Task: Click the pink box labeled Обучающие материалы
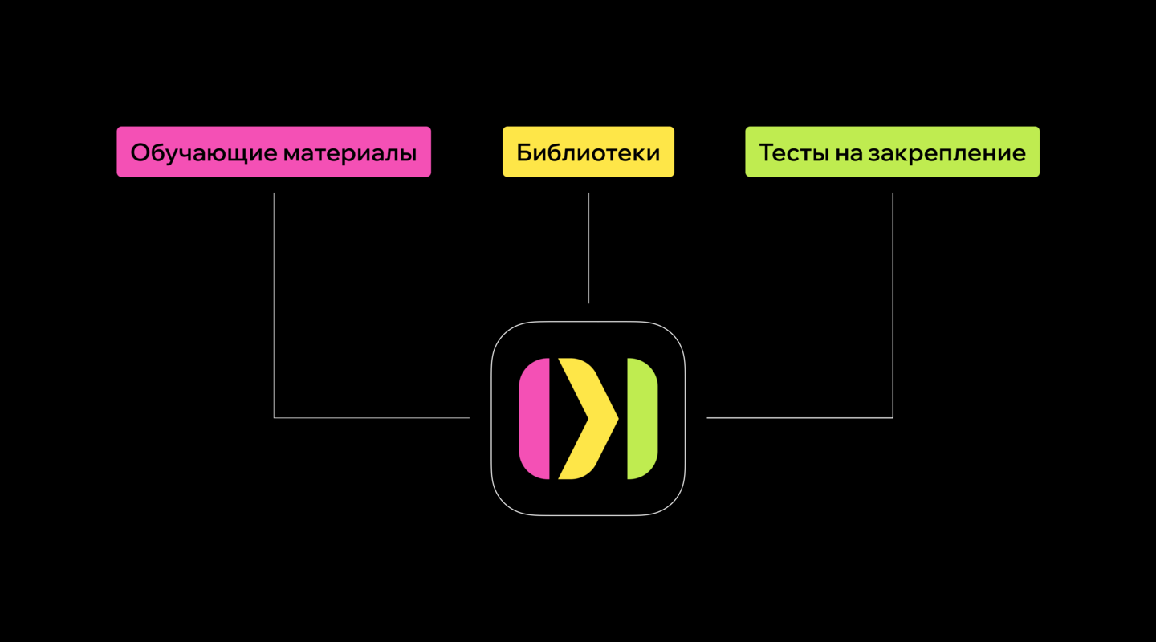[x=274, y=152]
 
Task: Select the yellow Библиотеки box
[x=588, y=152]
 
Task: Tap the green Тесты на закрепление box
[x=892, y=152]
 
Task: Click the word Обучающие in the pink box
[x=203, y=152]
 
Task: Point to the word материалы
[x=349, y=152]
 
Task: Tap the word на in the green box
[x=847, y=152]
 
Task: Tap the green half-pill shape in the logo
[x=642, y=418]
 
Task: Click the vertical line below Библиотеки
[x=588, y=248]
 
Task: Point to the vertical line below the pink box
[x=274, y=305]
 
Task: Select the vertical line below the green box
[x=893, y=305]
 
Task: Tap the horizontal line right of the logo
[x=800, y=417]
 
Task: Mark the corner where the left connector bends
[x=274, y=417]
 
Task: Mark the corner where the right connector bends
[x=893, y=417]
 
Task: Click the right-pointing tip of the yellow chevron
[x=617, y=418]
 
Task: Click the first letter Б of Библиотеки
[x=524, y=152]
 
